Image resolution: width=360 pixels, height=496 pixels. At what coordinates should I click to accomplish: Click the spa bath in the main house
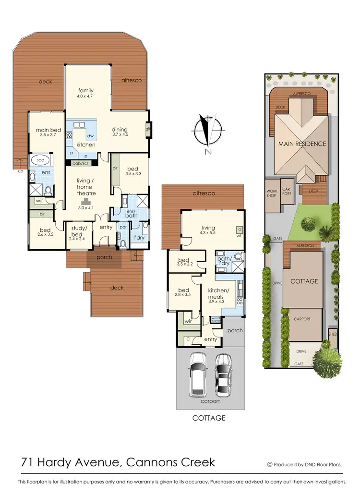(36, 160)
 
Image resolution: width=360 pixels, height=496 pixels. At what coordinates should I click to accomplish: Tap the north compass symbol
(207, 131)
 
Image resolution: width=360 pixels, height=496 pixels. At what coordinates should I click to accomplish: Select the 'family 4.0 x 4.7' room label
(86, 93)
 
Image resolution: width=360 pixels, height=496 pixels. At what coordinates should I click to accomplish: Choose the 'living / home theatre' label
(87, 187)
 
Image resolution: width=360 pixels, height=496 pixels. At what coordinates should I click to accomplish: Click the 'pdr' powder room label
(123, 227)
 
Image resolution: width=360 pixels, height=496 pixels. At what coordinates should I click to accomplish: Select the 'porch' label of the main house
(104, 257)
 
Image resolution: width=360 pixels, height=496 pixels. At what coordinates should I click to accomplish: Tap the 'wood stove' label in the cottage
(216, 319)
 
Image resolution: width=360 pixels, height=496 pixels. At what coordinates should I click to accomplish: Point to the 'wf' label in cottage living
(238, 235)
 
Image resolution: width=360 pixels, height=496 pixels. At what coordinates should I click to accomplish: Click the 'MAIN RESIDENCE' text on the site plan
(302, 144)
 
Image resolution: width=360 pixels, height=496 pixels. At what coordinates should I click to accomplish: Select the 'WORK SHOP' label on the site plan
(272, 194)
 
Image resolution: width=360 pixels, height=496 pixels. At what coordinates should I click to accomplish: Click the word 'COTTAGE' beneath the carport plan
(209, 418)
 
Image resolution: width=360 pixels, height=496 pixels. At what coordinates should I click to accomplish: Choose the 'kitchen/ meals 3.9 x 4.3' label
(218, 296)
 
